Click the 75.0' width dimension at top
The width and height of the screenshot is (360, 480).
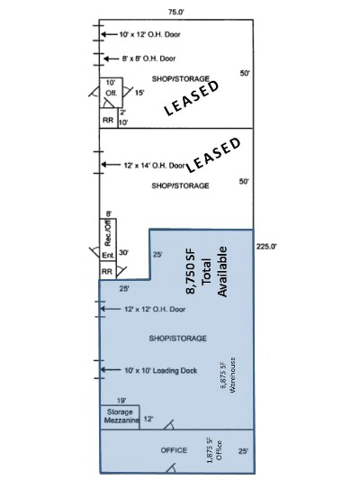point(176,13)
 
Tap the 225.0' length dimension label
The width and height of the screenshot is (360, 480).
point(266,246)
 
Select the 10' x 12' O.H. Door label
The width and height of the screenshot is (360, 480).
point(150,34)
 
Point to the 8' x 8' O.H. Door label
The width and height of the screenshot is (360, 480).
point(149,59)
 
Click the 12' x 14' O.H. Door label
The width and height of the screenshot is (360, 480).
point(155,166)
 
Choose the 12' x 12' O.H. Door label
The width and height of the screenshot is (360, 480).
point(155,309)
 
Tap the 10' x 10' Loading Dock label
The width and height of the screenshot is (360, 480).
point(161,371)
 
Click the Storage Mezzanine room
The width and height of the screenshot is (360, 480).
point(121,417)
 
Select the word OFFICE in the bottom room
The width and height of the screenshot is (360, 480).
point(174,450)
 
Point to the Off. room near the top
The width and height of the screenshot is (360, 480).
point(112,93)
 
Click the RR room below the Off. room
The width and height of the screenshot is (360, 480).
point(108,118)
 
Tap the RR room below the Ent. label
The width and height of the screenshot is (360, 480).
point(107,270)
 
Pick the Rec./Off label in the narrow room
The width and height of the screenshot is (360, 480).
point(108,234)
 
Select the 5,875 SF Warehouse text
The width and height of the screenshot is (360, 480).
point(228,375)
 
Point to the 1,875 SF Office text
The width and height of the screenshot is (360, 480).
point(214,450)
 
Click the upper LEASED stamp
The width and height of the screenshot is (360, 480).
point(192,98)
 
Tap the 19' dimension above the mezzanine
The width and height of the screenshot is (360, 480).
point(121,401)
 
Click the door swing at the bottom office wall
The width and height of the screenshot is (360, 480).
point(171,468)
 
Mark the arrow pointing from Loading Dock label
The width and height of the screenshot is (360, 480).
point(111,370)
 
